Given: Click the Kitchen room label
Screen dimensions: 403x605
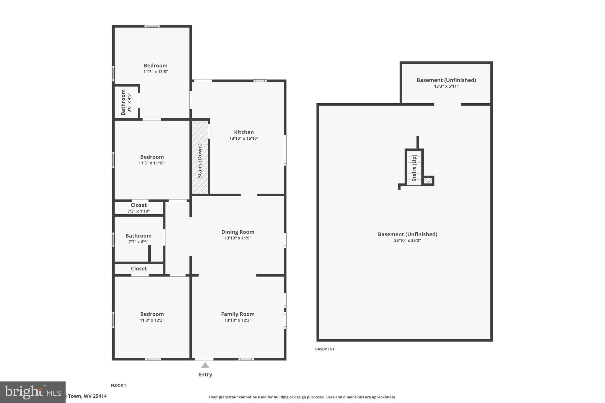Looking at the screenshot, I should tap(244, 132).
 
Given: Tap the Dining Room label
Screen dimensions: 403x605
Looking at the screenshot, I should tap(238, 232).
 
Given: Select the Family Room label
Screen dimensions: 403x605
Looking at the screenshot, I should tap(238, 314).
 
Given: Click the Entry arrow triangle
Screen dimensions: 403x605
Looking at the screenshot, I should tap(205, 366).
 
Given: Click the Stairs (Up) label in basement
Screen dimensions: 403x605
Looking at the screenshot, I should tap(414, 168).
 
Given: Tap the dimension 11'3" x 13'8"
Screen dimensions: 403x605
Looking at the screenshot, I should tap(156, 72).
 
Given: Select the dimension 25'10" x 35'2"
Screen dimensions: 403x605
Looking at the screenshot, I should tap(407, 241).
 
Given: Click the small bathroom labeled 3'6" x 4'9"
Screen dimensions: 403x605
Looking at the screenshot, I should tap(126, 102).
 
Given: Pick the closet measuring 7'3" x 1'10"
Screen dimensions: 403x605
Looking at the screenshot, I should tap(139, 208).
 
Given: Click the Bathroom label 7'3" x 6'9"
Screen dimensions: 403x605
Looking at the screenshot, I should tap(138, 236).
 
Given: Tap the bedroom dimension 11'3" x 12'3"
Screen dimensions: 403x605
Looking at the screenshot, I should tap(152, 320).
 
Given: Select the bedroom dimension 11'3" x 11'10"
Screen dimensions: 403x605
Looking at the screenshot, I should tap(152, 163).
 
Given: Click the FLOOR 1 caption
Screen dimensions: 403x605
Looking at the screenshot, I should tap(118, 385).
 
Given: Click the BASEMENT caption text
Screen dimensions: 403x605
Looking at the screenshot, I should tap(325, 349).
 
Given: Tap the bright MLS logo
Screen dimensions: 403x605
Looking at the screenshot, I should tap(32, 392).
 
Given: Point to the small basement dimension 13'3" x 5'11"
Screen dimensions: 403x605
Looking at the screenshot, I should tap(446, 87).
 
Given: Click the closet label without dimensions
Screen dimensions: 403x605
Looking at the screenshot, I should tap(139, 269).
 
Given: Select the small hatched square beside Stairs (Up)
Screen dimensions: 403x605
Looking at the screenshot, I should tap(427, 181).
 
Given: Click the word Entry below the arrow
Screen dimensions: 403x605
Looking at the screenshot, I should tap(205, 375).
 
